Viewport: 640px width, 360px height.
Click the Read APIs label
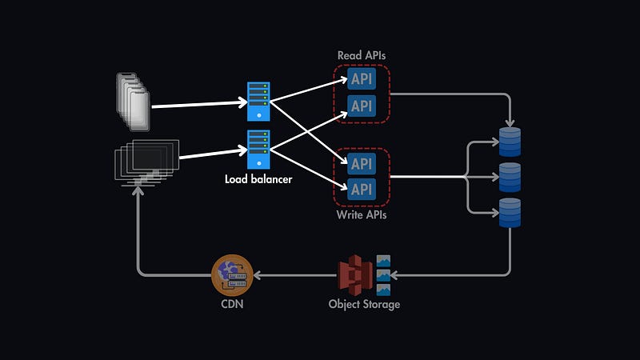361,55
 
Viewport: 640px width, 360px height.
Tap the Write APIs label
362,214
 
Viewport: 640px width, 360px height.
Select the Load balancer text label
258,179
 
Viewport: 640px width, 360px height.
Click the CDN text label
232,304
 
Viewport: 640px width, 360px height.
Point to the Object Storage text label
364,304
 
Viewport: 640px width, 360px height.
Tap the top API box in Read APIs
362,79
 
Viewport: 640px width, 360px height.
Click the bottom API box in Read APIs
362,105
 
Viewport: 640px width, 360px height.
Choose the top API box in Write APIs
362,164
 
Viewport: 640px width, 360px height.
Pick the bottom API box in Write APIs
362,189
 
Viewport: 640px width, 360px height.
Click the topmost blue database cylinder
510,141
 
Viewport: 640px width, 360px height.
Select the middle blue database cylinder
510,176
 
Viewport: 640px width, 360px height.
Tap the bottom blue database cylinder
510,212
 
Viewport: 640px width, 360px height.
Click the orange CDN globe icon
232,275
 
